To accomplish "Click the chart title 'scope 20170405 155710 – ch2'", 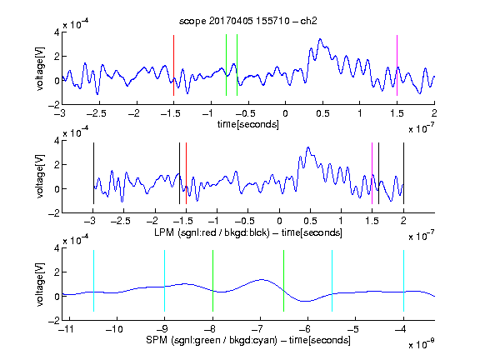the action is tap(248, 21).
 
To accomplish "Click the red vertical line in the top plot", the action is tap(173, 65).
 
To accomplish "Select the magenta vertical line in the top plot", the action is tap(397, 65).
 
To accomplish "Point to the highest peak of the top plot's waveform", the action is tap(320, 39).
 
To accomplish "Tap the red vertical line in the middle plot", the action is tap(186, 173).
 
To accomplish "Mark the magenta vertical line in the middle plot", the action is tap(372, 173).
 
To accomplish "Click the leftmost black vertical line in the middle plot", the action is tap(93, 173).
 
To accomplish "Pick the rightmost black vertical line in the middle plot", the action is tap(403, 173).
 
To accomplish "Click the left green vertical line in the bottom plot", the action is tap(212, 281).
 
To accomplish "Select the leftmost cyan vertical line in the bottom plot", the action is tap(93, 281).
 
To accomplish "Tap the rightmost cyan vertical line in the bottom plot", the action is tap(403, 281).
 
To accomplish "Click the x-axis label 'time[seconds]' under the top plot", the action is tap(248, 124).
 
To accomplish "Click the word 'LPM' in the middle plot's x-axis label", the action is tap(164, 232).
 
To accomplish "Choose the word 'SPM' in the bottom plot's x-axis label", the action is tap(157, 340).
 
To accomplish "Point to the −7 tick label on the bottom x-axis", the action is tap(257, 329).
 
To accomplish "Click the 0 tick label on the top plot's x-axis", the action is tap(285, 113).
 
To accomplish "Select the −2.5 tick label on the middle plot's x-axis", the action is tap(120, 221).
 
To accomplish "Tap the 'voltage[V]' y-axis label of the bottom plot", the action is tap(40, 284).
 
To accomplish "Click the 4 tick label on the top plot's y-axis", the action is tap(57, 32).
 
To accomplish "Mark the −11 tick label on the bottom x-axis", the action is tap(67, 329).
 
